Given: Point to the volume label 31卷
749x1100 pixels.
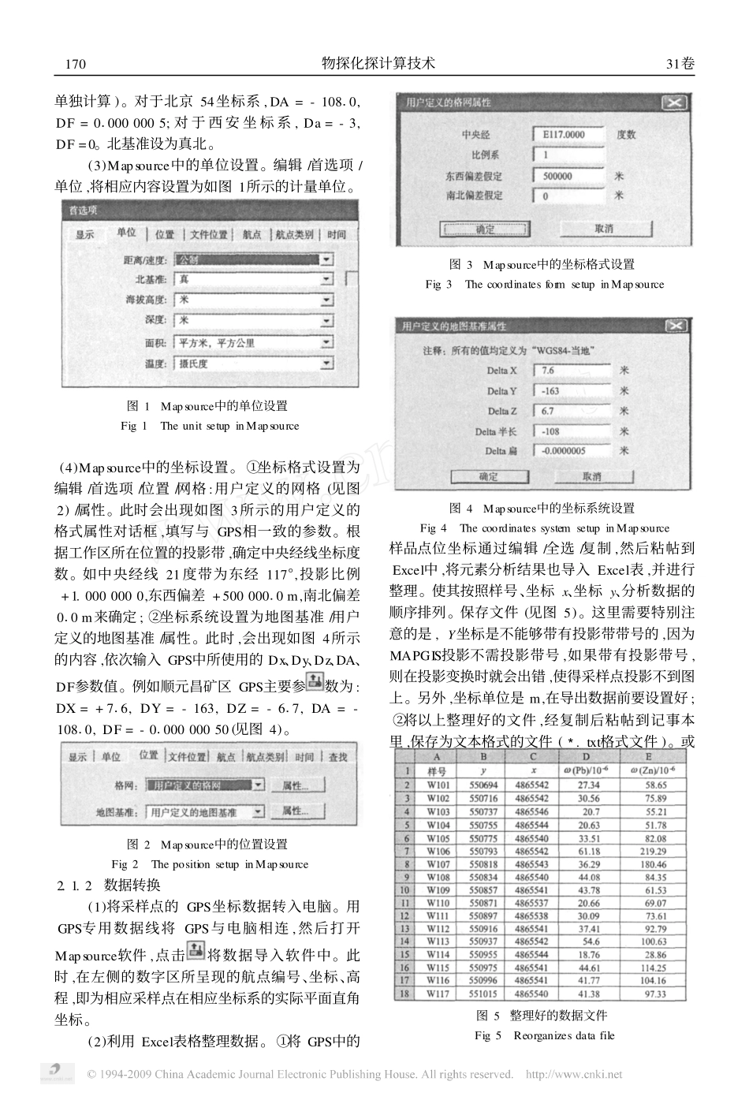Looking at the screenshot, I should coord(680,64).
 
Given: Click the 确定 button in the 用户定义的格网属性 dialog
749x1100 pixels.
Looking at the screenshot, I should coord(486,229).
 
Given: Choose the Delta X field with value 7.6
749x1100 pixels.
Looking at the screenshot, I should coord(571,371).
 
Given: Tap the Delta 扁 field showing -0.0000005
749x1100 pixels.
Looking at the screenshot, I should coord(571,451).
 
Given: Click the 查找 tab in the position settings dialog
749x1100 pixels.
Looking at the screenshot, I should coord(338,757).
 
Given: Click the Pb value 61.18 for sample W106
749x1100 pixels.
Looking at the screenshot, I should coord(589,851).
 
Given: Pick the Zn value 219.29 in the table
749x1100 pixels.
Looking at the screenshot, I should coord(654,851).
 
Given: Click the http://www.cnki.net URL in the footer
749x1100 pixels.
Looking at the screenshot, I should coord(573,1074).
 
